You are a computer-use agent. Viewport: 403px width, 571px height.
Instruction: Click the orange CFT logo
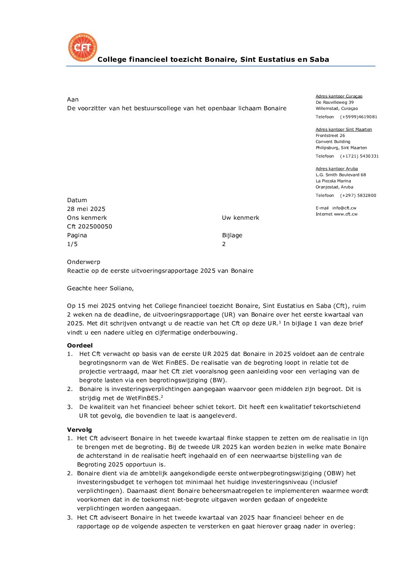click(x=83, y=47)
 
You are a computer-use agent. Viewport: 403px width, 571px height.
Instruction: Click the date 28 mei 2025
click(x=86, y=209)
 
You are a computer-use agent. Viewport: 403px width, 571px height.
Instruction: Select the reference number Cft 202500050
click(x=90, y=227)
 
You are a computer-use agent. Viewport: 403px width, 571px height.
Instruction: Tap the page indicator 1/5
click(x=72, y=244)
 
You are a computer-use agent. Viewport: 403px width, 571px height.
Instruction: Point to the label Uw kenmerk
click(x=240, y=218)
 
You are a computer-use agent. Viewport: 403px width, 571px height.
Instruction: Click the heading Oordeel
click(x=80, y=345)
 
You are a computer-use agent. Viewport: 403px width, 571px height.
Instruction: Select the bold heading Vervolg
click(x=79, y=429)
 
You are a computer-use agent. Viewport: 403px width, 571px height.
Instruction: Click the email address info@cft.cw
click(x=344, y=208)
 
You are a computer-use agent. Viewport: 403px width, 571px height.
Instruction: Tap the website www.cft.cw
click(x=345, y=214)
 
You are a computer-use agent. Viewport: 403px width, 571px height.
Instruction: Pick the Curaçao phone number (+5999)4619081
click(x=358, y=117)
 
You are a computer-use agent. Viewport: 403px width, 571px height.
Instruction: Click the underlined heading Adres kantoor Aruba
click(x=337, y=169)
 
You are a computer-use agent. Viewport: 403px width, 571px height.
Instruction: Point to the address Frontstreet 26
click(x=330, y=135)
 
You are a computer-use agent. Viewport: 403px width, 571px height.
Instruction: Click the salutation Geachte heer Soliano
click(x=100, y=288)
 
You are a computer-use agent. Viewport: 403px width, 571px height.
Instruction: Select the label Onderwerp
click(x=83, y=262)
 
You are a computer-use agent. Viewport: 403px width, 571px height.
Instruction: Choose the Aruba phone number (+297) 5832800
click(x=358, y=195)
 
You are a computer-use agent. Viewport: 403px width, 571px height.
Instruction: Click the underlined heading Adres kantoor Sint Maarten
click(x=344, y=129)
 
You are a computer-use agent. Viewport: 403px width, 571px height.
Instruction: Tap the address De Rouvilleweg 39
click(x=334, y=102)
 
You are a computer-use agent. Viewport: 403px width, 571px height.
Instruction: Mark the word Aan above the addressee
click(x=73, y=100)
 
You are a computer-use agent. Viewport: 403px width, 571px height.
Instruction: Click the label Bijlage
click(x=232, y=235)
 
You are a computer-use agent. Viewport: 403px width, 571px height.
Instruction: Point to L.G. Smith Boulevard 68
click(x=341, y=175)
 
